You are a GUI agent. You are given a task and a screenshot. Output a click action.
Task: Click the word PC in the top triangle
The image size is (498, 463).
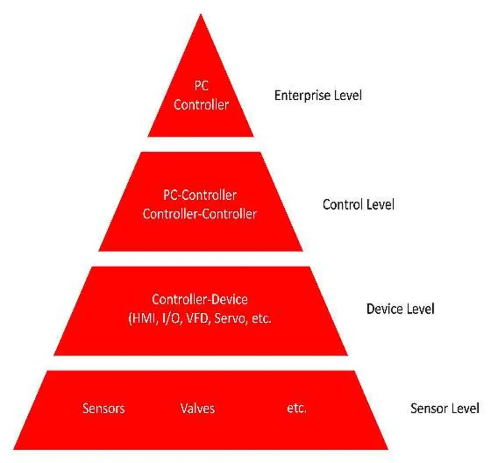[202, 86]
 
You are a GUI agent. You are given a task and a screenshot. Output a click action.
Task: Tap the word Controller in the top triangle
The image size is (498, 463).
[201, 104]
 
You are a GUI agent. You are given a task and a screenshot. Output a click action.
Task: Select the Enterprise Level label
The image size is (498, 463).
[318, 95]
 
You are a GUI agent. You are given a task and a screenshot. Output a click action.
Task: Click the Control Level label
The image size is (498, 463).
[358, 205]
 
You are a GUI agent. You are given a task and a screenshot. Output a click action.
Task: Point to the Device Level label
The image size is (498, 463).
[400, 309]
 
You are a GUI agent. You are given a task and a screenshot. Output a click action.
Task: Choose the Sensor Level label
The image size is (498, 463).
[445, 409]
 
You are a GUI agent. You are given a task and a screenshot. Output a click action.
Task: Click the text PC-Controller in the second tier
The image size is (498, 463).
[200, 195]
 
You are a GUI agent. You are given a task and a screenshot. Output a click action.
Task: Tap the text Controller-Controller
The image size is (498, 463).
[200, 214]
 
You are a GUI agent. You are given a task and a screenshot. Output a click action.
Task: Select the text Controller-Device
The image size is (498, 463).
[200, 299]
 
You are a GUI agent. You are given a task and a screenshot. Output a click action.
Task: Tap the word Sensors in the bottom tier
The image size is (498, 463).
[103, 409]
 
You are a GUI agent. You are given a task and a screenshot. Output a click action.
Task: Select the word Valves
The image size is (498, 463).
[197, 409]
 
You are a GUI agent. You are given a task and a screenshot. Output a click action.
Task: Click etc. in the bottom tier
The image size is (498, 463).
[296, 409]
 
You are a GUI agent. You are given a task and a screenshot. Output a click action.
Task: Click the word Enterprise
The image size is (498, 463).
[304, 95]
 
